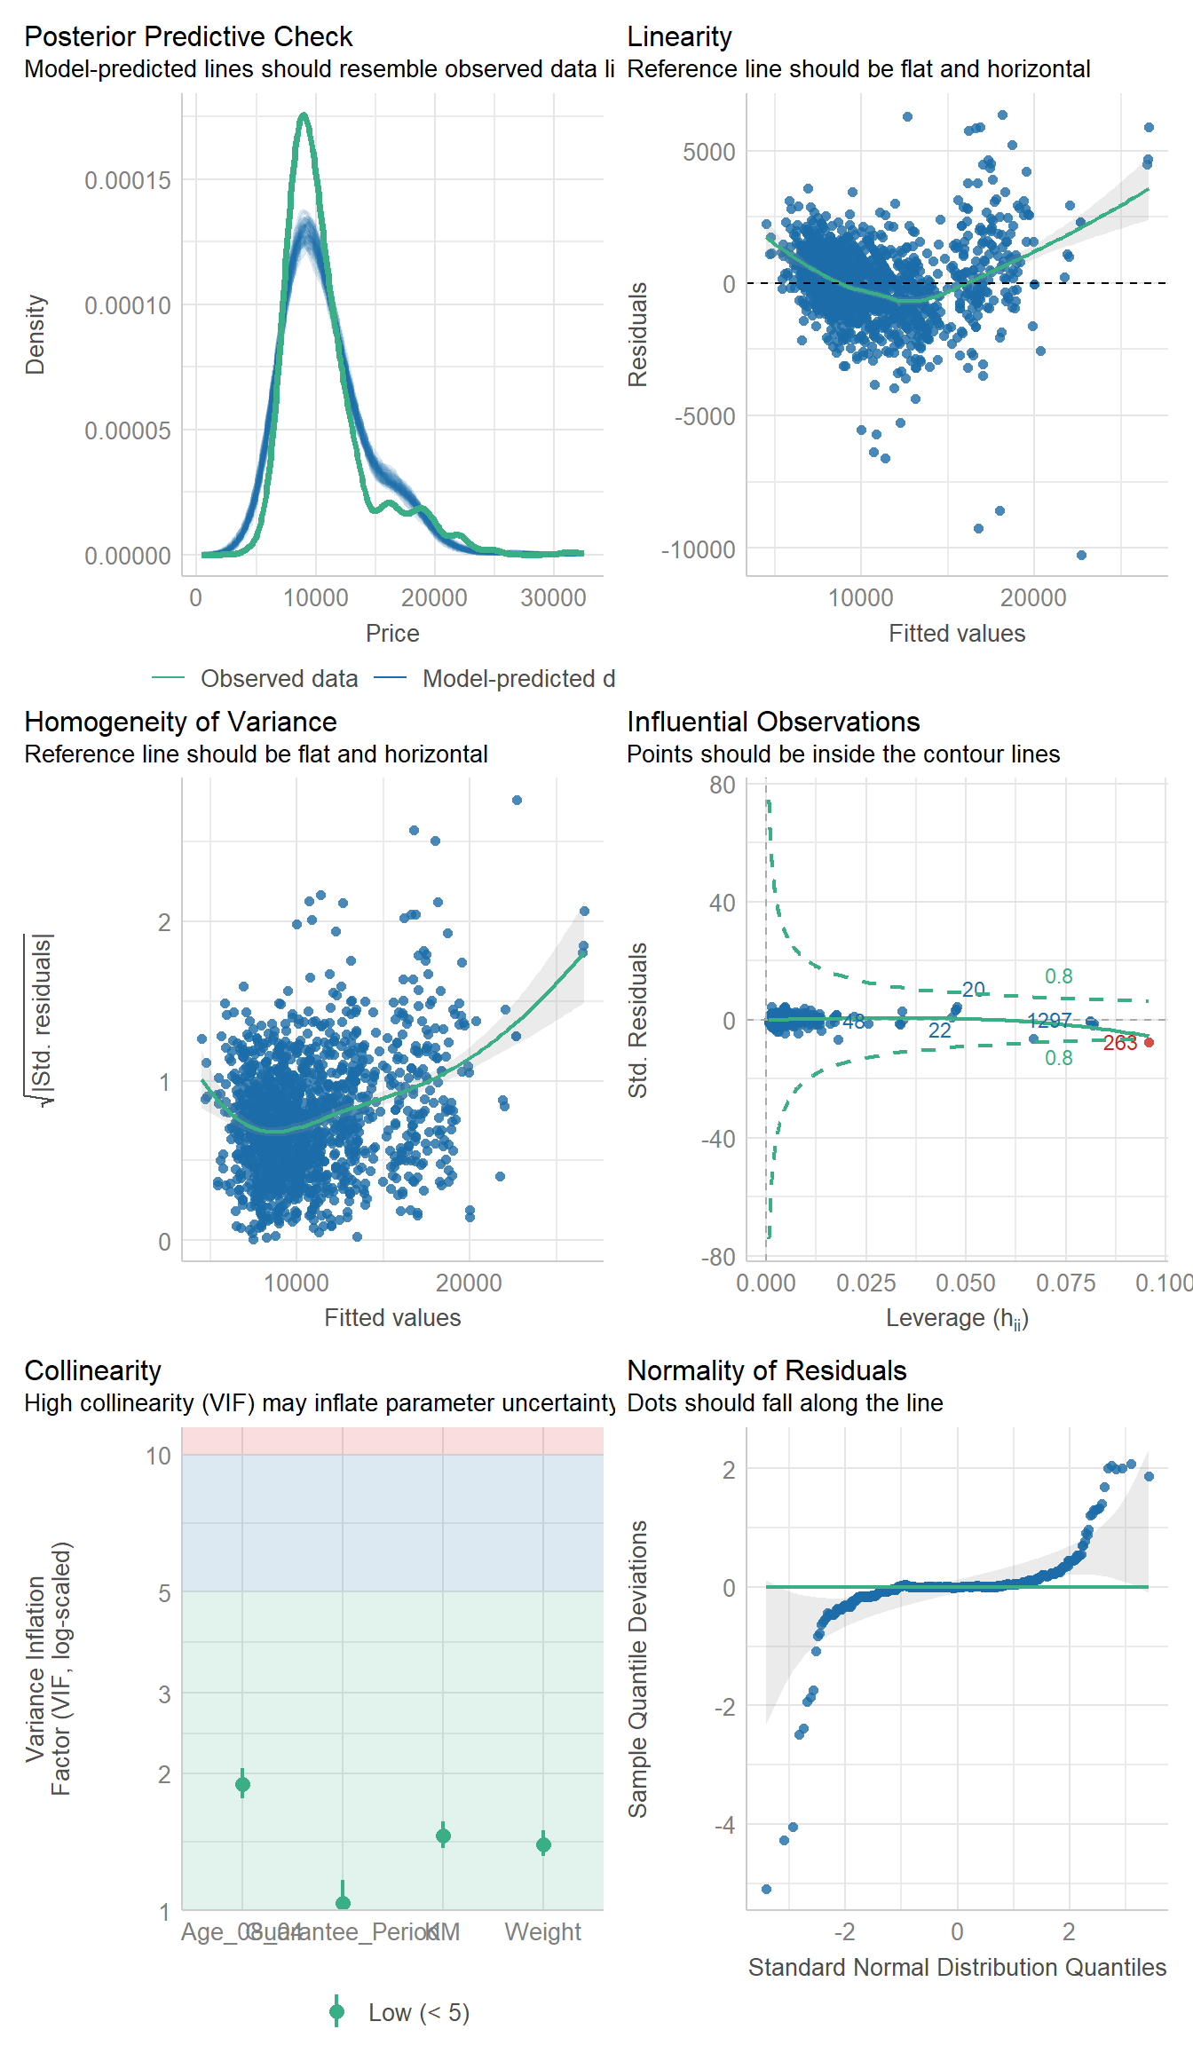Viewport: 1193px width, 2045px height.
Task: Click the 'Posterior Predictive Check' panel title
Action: coord(188,37)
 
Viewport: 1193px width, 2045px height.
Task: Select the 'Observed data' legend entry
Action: coord(279,679)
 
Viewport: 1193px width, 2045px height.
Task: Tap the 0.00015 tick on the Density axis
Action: coord(128,181)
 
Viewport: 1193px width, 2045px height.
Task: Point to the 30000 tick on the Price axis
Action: coord(553,598)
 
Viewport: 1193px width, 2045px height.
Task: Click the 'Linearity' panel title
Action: coord(679,37)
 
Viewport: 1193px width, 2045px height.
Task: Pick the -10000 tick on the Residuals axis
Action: coord(699,550)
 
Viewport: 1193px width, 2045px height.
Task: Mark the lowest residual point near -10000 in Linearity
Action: coord(1081,556)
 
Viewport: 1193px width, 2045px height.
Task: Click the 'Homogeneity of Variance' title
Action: coord(180,722)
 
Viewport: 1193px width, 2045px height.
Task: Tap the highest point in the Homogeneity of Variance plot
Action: coord(517,801)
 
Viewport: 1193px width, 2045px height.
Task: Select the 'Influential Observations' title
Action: coord(773,722)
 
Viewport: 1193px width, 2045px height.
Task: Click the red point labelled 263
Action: coord(1150,1042)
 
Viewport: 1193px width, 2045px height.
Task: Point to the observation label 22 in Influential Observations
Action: coord(939,1031)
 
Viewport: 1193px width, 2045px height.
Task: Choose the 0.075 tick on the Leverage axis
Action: coord(1065,1283)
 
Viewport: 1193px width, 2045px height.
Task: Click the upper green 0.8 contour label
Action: coord(1058,977)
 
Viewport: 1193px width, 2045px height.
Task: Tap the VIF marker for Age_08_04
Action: coord(242,1784)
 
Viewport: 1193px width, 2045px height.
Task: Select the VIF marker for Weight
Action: coord(543,1844)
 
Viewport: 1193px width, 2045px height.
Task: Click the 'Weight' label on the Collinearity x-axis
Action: coord(542,1932)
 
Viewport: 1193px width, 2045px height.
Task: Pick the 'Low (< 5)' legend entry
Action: coord(418,2013)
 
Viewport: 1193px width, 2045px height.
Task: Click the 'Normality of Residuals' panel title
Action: coord(766,1371)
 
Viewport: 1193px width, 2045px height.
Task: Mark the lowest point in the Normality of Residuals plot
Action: coord(767,1889)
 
